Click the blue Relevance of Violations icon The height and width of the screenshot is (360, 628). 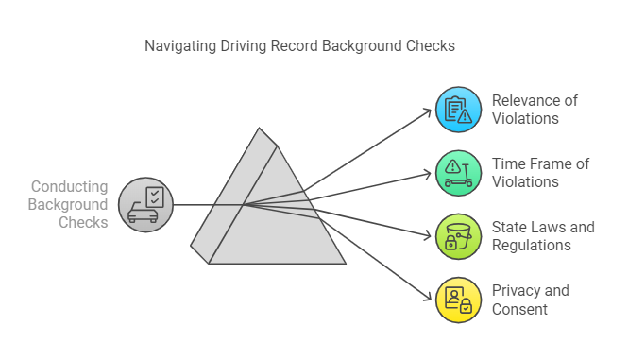[x=457, y=110]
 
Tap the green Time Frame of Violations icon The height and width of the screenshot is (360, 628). [x=457, y=173]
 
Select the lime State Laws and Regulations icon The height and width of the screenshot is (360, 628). [x=457, y=236]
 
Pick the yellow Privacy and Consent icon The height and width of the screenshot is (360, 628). [x=457, y=300]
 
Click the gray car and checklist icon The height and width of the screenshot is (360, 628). [x=144, y=204]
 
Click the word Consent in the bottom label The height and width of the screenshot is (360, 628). [x=518, y=308]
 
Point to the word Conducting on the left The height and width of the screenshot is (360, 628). [x=70, y=187]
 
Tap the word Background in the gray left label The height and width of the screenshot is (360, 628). [x=68, y=204]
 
